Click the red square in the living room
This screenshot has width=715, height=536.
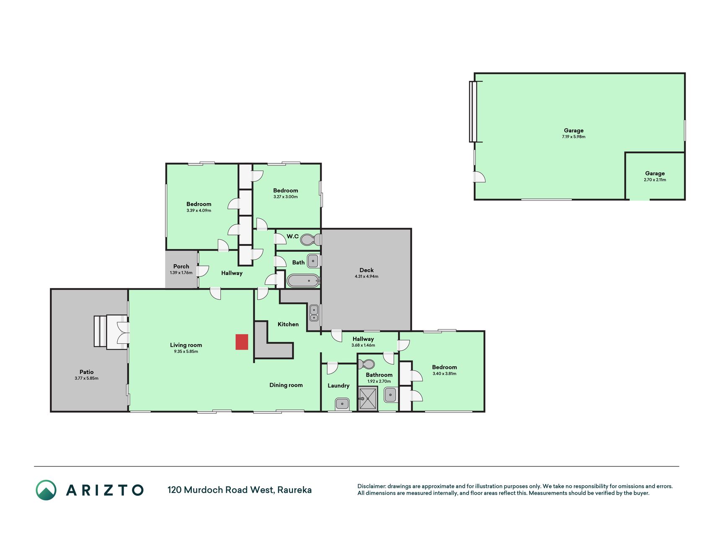(x=242, y=342)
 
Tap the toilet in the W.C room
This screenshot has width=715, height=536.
(x=311, y=240)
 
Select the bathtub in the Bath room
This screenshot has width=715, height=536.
(x=303, y=281)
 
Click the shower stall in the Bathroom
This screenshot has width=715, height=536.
(x=368, y=399)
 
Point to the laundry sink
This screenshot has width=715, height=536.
(x=342, y=404)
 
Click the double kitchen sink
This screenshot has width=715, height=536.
(x=314, y=313)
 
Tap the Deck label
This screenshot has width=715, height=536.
(x=367, y=270)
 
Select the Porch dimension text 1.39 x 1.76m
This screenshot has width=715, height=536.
(x=181, y=273)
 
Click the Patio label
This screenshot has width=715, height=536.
(x=87, y=372)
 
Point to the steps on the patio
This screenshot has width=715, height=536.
(x=100, y=331)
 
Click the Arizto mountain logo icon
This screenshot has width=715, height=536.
(x=46, y=490)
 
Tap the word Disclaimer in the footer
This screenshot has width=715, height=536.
(x=371, y=486)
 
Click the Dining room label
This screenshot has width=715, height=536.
(x=286, y=385)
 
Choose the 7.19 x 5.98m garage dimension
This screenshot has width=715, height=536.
(x=574, y=137)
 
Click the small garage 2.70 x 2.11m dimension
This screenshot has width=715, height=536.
(x=655, y=180)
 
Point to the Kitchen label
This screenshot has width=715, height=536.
(x=288, y=324)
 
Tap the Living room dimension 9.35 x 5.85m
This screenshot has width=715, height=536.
(x=186, y=351)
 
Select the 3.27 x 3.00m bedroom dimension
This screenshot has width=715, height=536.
(x=286, y=197)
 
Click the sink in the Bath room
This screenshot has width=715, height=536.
(x=313, y=261)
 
